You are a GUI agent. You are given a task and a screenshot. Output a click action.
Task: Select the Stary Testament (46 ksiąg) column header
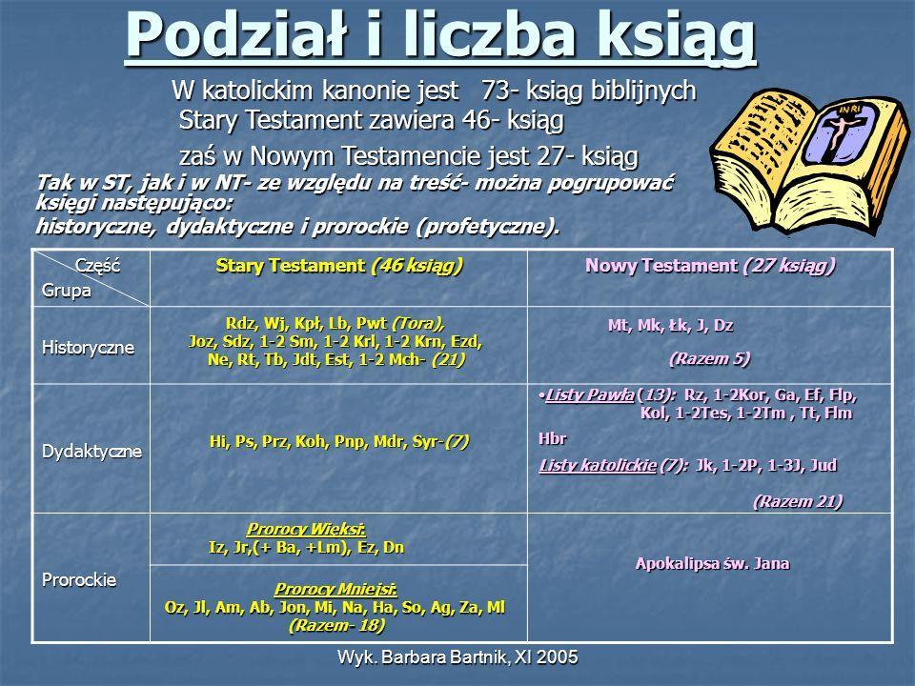[x=339, y=266]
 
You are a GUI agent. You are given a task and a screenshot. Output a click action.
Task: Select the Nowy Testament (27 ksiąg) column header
[x=710, y=266]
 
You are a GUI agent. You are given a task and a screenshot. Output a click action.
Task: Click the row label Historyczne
[x=88, y=348]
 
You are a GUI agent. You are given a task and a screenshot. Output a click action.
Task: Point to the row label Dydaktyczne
[x=92, y=452]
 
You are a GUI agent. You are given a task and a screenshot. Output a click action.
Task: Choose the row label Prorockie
[x=79, y=580]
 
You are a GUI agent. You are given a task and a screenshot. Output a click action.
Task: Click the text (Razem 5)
[x=709, y=358]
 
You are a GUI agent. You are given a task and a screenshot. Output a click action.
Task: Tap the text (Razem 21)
[x=798, y=502]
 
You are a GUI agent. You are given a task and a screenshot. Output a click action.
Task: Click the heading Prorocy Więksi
[x=306, y=529]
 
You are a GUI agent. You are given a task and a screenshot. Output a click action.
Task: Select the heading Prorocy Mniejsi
[x=335, y=589]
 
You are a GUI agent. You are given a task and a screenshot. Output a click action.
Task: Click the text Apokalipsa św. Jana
[x=713, y=563]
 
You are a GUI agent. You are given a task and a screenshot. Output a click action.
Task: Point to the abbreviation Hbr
[x=552, y=438]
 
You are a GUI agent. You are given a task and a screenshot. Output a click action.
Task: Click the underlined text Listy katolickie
[x=598, y=466]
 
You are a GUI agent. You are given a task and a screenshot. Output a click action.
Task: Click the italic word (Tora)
[x=417, y=324]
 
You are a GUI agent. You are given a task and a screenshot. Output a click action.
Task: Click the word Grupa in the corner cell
[x=67, y=291]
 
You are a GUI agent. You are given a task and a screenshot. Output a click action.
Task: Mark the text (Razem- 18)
[x=336, y=626]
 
